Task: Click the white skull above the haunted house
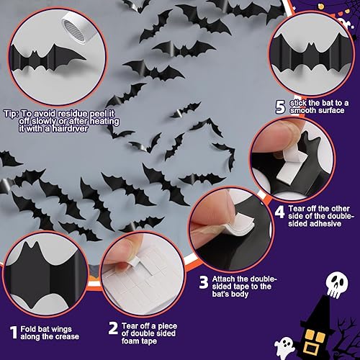coord(320,282)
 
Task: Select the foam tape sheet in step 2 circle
coord(144,274)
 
